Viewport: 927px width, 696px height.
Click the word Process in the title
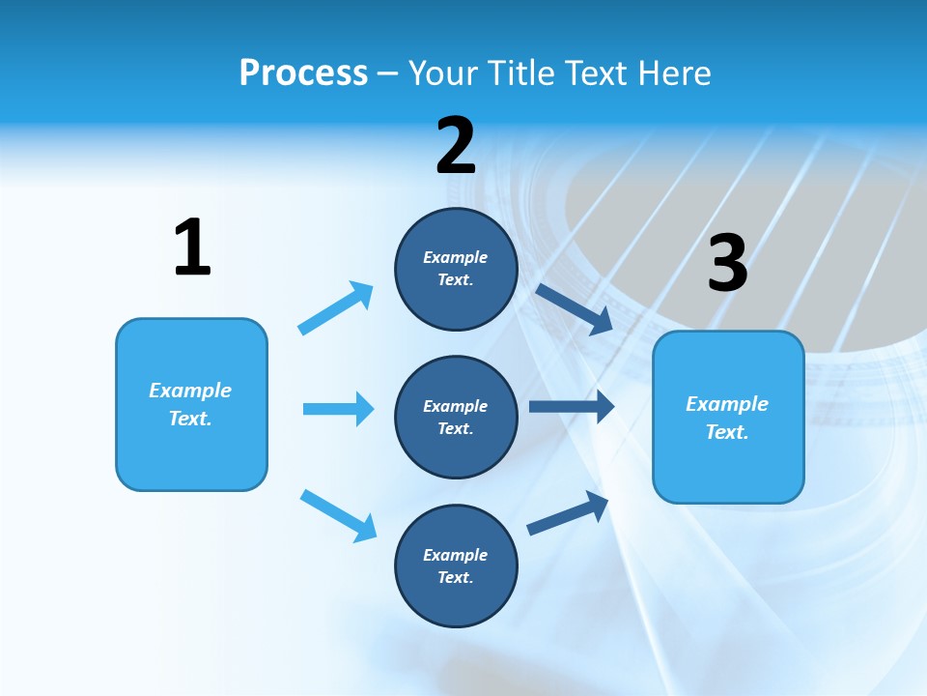coord(303,73)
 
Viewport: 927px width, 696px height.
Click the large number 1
coord(192,247)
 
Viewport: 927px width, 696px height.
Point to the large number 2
coord(456,146)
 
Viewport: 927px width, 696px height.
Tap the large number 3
coord(727,264)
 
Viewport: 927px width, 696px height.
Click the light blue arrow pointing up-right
coord(336,307)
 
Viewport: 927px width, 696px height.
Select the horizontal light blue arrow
coord(338,409)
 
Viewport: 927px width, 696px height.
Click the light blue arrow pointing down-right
coord(338,515)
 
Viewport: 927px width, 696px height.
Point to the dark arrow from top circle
coord(575,308)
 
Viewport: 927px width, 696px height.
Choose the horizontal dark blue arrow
coord(572,406)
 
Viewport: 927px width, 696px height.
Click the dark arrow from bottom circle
coord(568,512)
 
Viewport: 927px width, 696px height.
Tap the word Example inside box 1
coord(190,391)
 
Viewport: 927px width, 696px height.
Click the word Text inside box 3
coord(727,432)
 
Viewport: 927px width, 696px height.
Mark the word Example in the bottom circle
coord(456,555)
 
